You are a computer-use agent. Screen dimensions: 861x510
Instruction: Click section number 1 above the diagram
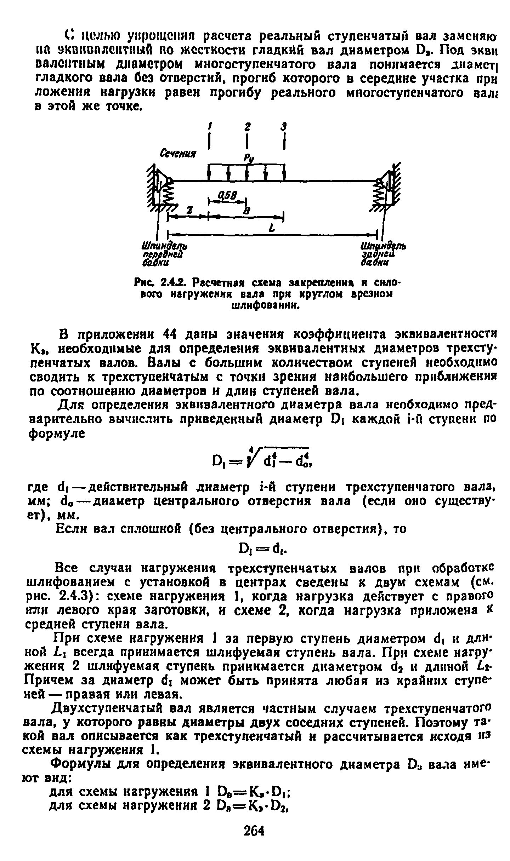(210, 126)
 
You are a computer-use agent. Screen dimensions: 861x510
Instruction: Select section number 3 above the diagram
(284, 126)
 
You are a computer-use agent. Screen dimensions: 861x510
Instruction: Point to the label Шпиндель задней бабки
(382, 254)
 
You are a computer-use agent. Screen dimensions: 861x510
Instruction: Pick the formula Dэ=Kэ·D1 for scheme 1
(257, 799)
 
